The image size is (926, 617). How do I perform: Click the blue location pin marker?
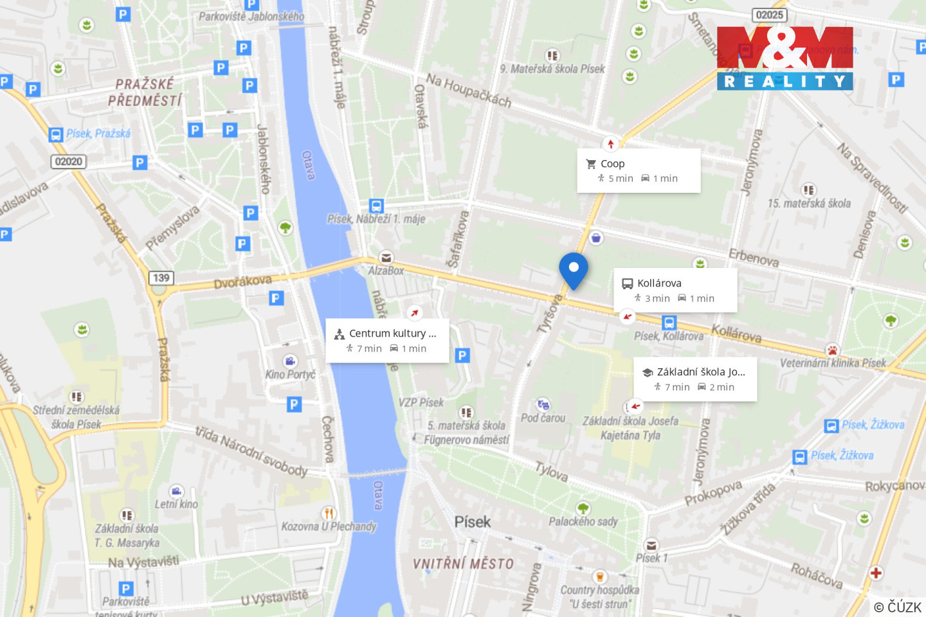pyautogui.click(x=573, y=269)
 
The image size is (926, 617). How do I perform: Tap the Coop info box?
pyautogui.click(x=639, y=170)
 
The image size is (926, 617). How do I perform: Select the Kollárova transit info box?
pyautogui.click(x=675, y=291)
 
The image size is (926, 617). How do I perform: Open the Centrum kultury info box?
pyautogui.click(x=387, y=341)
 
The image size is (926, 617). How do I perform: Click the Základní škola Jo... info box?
pyautogui.click(x=695, y=379)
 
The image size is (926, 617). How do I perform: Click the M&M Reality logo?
pyautogui.click(x=785, y=58)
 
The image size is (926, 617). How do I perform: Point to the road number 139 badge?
pyautogui.click(x=161, y=278)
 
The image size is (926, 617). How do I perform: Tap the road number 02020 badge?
pyautogui.click(x=69, y=161)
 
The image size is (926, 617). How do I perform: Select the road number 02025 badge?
pyautogui.click(x=769, y=15)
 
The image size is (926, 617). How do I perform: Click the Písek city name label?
pyautogui.click(x=472, y=522)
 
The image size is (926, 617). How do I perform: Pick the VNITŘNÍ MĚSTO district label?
pyautogui.click(x=463, y=564)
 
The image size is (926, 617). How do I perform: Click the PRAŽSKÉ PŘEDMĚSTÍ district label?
pyautogui.click(x=145, y=92)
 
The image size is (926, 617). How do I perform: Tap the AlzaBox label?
pyautogui.click(x=386, y=271)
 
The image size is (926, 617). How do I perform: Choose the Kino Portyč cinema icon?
pyautogui.click(x=290, y=361)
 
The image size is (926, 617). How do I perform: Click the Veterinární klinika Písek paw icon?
pyautogui.click(x=832, y=350)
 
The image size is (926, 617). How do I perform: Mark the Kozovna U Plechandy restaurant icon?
pyautogui.click(x=329, y=513)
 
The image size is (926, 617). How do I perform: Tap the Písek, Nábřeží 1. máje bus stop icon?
pyautogui.click(x=377, y=206)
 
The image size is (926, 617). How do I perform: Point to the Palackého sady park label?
pyautogui.click(x=583, y=521)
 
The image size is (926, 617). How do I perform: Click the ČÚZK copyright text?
pyautogui.click(x=898, y=607)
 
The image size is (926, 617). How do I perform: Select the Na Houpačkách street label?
pyautogui.click(x=469, y=91)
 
